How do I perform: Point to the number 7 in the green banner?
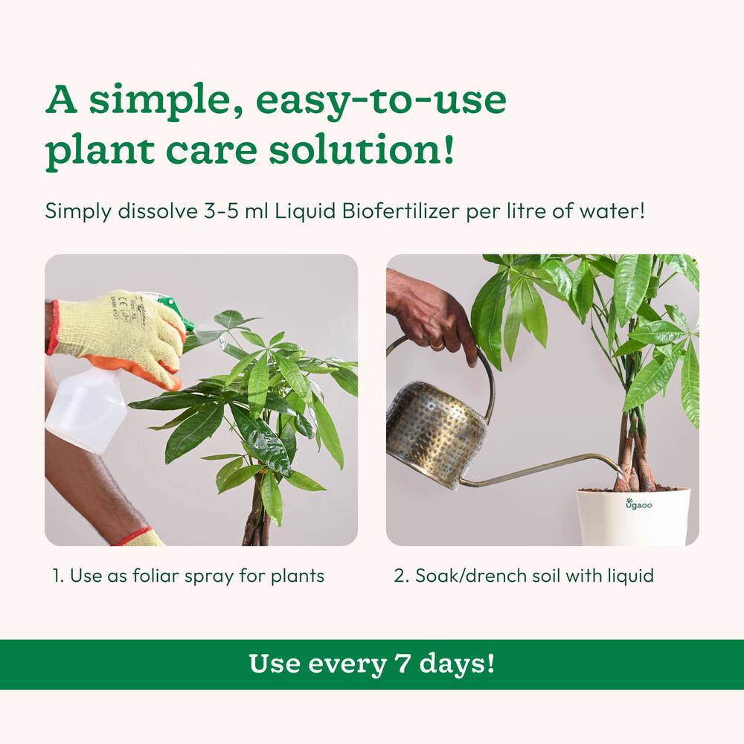click(x=399, y=664)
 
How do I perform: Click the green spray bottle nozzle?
click(x=176, y=312)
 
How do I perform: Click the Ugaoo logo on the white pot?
click(x=638, y=504)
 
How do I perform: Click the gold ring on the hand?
click(x=438, y=345)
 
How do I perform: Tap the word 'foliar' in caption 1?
click(x=161, y=576)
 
